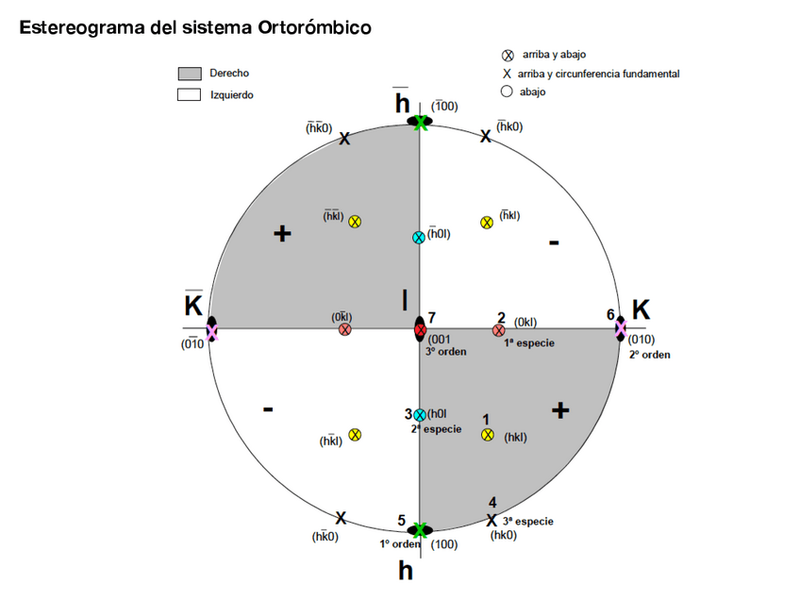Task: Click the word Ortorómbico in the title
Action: click(x=313, y=27)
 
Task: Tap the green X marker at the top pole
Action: click(x=421, y=122)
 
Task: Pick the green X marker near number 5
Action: click(x=420, y=530)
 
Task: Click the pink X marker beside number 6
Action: click(x=621, y=328)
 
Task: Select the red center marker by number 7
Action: click(x=421, y=330)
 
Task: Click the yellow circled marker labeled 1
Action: click(x=488, y=435)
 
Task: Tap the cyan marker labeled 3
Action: click(x=420, y=415)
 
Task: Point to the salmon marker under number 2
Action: click(x=498, y=330)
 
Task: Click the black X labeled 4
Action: click(x=492, y=520)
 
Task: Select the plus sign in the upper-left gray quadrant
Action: click(x=281, y=233)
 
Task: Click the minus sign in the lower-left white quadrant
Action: click(x=269, y=409)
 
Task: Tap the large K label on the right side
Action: click(x=641, y=309)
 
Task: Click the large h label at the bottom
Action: click(x=406, y=570)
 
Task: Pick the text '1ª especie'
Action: click(x=528, y=343)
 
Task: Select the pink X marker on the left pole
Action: click(x=212, y=330)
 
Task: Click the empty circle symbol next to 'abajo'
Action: click(x=507, y=92)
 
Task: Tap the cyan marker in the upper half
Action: click(x=419, y=238)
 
